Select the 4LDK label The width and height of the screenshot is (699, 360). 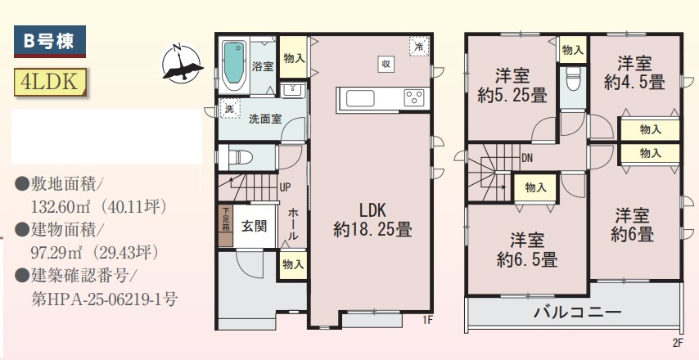[50, 83]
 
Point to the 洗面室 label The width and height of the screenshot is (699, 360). [265, 119]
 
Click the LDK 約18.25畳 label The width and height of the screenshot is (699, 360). [372, 218]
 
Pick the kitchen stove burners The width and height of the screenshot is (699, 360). [414, 99]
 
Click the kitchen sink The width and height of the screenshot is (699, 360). [361, 99]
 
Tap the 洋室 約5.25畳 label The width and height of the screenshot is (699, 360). [512, 86]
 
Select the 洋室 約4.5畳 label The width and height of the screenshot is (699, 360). [634, 72]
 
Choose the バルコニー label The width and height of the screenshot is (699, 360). [578, 312]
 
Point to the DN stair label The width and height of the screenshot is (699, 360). [527, 159]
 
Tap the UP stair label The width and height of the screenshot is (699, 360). [285, 187]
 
